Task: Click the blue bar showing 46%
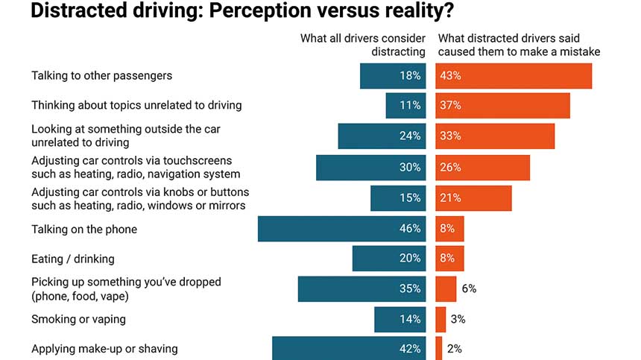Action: [x=341, y=229]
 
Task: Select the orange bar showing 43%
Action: [x=514, y=76]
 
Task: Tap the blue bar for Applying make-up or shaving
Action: [x=349, y=349]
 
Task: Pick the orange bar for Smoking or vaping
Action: [x=441, y=319]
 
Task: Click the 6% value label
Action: [x=468, y=288]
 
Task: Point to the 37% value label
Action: [x=451, y=106]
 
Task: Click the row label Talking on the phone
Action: [x=84, y=230]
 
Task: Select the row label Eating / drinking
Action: [x=72, y=259]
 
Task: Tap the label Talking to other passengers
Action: [x=101, y=76]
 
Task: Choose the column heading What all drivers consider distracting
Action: [x=363, y=45]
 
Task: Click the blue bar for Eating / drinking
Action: [x=388, y=259]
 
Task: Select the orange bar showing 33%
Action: [x=495, y=136]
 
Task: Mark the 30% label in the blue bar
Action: [x=410, y=167]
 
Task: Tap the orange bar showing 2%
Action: [x=438, y=349]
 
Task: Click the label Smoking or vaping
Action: [x=78, y=319]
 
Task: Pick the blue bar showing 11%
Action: [x=405, y=106]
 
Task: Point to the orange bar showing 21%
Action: [x=473, y=198]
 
